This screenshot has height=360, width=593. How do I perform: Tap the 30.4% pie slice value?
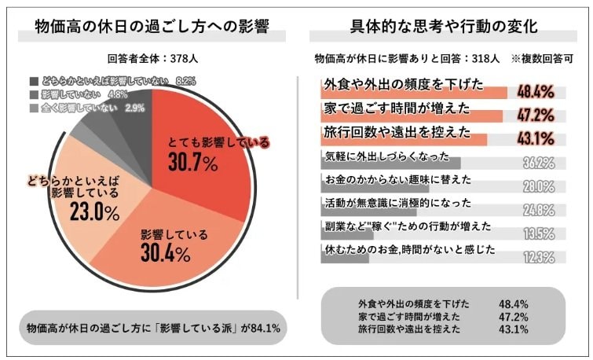(x=167, y=253)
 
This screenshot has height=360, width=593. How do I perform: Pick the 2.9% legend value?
(x=134, y=108)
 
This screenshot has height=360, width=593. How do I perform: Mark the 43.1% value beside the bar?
(x=536, y=140)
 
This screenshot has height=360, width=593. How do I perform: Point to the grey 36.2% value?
(x=539, y=163)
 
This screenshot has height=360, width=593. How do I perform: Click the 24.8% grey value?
(x=539, y=210)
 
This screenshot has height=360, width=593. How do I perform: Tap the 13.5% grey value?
(x=539, y=233)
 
